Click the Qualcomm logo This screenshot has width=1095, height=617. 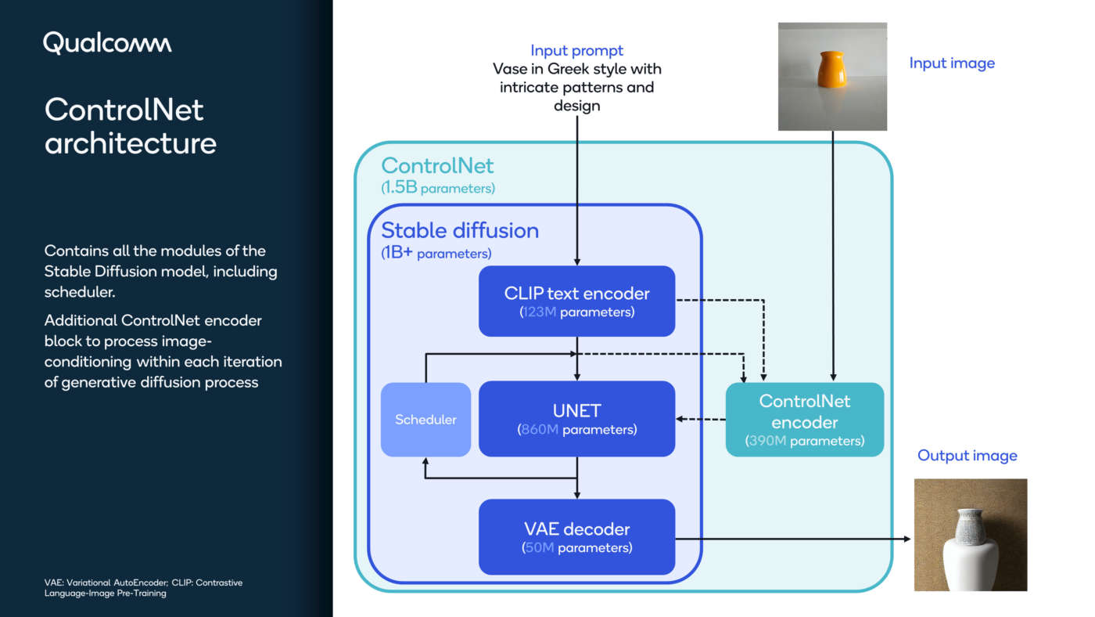pos(107,43)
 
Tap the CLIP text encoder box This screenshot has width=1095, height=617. pos(576,301)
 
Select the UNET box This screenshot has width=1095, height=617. pos(576,419)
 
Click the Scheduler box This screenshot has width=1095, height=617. pos(425,420)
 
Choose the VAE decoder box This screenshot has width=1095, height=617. pos(576,537)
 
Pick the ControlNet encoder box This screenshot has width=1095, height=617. pos(804,420)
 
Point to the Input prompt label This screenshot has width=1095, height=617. pos(576,51)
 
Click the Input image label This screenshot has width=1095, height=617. pos(952,63)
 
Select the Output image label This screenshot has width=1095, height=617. pos(967,456)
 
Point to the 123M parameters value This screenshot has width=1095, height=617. pos(540,312)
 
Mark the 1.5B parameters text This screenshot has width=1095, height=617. pos(438,189)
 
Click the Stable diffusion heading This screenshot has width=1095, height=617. pos(460,231)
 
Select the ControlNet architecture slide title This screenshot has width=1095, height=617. pos(130,126)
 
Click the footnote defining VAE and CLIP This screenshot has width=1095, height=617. pos(142,588)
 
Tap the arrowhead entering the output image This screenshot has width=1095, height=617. pos(907,539)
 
